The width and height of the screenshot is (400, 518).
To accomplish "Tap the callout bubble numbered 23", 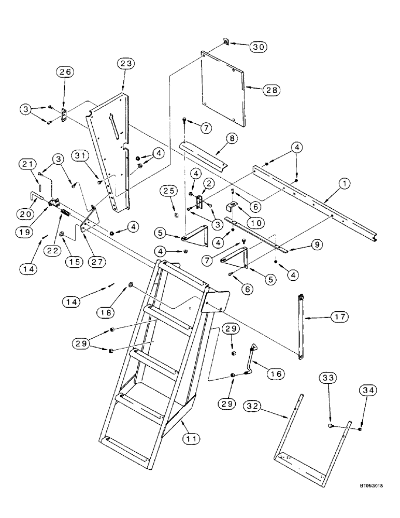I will click(126, 64).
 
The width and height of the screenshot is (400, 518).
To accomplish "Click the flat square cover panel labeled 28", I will click(222, 85).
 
